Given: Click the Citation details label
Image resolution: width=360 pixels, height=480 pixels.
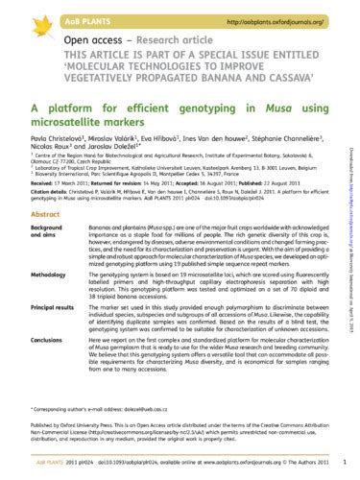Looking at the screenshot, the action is click(x=42, y=204).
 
